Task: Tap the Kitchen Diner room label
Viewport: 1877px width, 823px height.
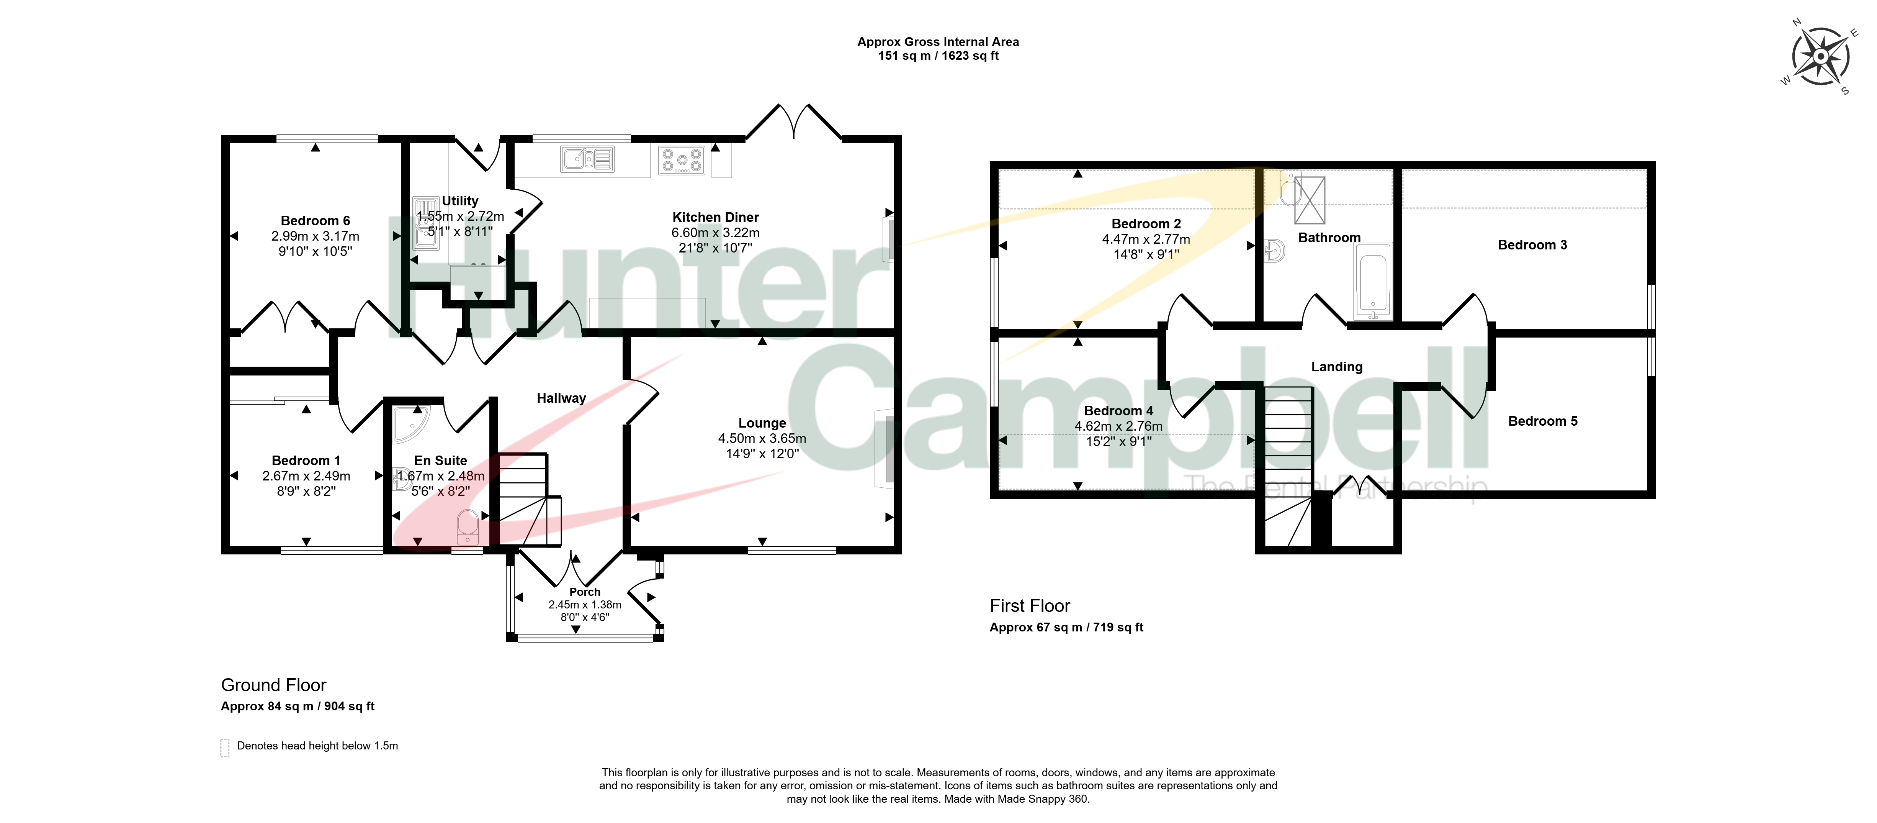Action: (x=716, y=217)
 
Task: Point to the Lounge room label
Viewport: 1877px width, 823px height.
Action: (x=762, y=423)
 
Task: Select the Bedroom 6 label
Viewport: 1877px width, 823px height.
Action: (x=316, y=220)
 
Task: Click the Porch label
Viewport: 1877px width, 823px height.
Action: (x=585, y=592)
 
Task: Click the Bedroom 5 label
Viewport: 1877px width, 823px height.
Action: (x=1543, y=421)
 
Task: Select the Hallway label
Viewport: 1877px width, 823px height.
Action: (x=561, y=398)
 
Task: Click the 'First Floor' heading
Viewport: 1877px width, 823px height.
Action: (x=1030, y=606)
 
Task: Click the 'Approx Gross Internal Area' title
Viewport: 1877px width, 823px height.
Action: (x=938, y=41)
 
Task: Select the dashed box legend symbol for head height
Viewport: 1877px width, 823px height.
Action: (x=225, y=748)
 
